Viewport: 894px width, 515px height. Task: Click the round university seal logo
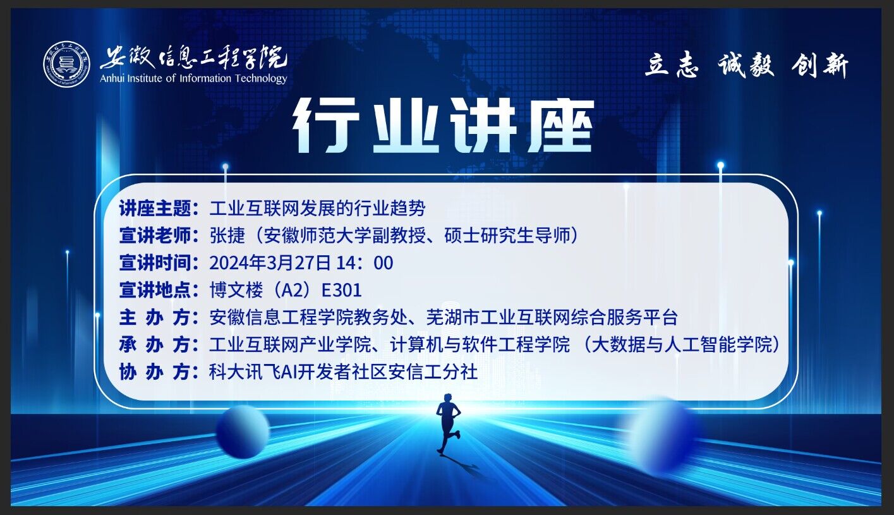coord(67,64)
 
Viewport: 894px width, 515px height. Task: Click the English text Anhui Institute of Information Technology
coord(193,78)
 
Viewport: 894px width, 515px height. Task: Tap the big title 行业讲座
coord(444,126)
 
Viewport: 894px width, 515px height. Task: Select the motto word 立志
coord(671,65)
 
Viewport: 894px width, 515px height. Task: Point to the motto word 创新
coord(820,65)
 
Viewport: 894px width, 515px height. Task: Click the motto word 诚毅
coord(746,65)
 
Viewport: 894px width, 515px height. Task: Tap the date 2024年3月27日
coord(270,262)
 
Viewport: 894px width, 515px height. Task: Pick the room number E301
coord(341,290)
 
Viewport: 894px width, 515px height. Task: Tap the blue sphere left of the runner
coord(243,432)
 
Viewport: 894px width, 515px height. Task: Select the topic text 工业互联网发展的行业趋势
coord(317,207)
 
